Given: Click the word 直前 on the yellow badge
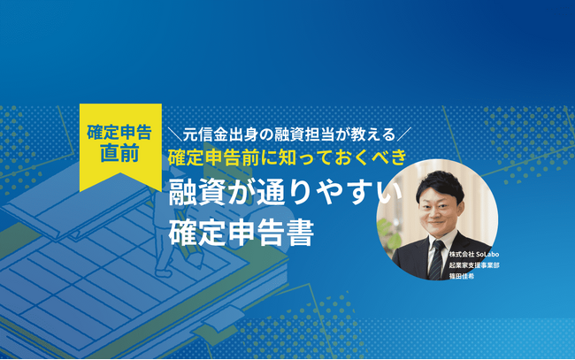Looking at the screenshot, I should [x=120, y=150].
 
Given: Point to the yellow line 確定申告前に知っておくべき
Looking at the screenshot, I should [x=287, y=160].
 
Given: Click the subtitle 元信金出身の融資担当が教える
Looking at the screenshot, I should [x=290, y=135].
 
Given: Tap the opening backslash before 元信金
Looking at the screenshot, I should [x=173, y=135].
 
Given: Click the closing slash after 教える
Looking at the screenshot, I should [x=406, y=135].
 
